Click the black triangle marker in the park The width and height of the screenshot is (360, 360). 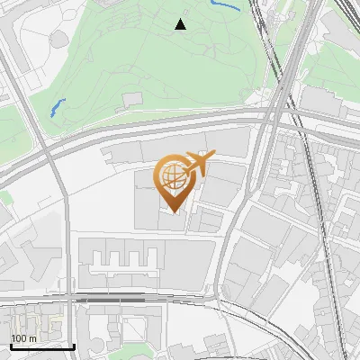coord(180,24)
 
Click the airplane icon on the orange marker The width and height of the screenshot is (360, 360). coord(198,165)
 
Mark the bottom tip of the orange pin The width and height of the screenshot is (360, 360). coord(173,212)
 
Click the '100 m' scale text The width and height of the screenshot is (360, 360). coord(23,338)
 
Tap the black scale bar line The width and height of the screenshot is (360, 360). coord(41,346)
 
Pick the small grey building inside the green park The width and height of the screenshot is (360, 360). coord(132,98)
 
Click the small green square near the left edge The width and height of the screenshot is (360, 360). coord(5,196)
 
